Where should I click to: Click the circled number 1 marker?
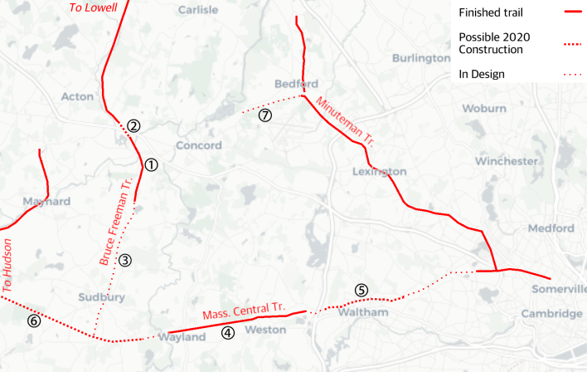tap(151, 164)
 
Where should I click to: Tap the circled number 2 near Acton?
tap(133, 126)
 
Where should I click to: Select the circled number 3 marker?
tap(125, 260)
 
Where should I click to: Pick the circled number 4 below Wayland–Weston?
tap(228, 333)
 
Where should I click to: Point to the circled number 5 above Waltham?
tap(361, 290)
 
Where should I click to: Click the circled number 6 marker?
tap(33, 321)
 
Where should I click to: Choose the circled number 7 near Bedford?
tap(264, 115)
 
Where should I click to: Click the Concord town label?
tap(199, 146)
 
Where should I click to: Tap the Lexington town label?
tap(380, 172)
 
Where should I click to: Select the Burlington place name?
tap(421, 59)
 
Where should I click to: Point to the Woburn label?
tap(484, 109)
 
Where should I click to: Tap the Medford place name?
tap(551, 228)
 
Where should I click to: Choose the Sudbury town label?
tap(101, 296)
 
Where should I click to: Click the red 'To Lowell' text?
tap(92, 7)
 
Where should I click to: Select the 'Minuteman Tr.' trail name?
tap(347, 122)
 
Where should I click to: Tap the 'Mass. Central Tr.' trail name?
tap(243, 311)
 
